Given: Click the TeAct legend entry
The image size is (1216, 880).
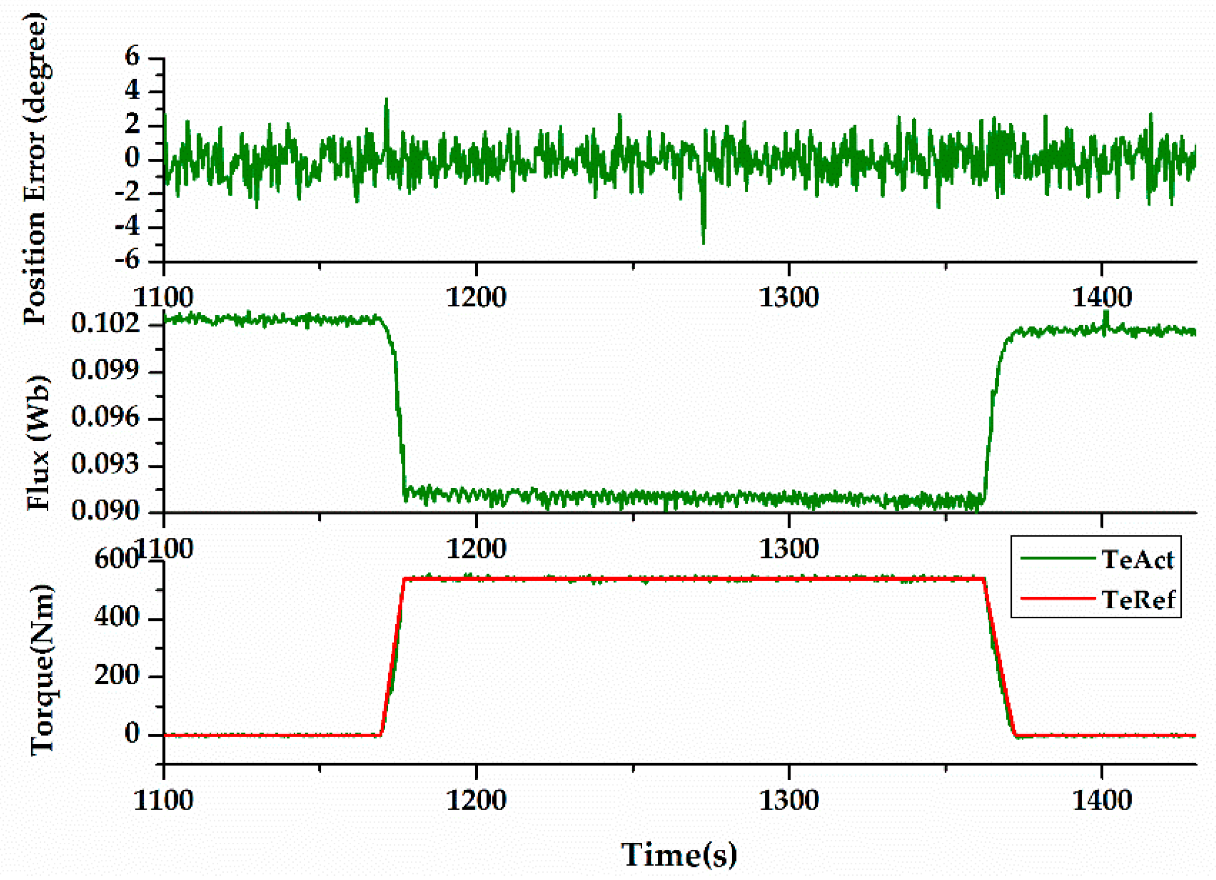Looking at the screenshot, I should pos(1137,560).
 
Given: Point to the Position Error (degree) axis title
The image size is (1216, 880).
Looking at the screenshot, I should pos(35,169).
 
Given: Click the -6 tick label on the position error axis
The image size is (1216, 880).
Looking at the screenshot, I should pos(127,261).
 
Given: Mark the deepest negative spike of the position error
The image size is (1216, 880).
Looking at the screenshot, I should pos(704,243).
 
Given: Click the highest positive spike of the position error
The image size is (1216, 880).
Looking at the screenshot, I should pos(386,100).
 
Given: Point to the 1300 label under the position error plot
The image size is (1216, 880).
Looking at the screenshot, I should pos(789,297).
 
